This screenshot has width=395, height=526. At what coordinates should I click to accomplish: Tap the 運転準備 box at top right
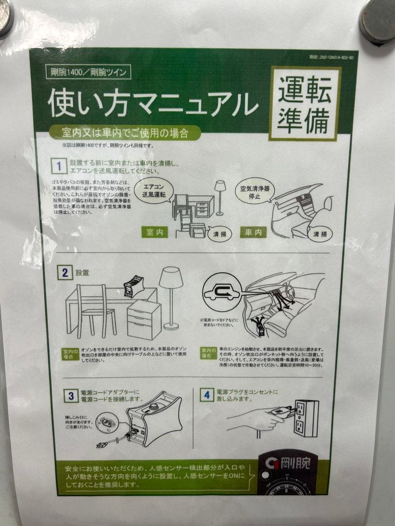tap(305, 104)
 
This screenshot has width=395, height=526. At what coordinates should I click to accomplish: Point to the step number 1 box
tap(59, 166)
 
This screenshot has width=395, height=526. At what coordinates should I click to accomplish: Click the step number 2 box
tap(64, 272)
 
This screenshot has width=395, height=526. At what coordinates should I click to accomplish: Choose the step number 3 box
tap(70, 395)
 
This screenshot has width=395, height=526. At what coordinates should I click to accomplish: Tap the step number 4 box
tap(207, 394)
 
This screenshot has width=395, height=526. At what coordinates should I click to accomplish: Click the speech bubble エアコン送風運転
tap(154, 190)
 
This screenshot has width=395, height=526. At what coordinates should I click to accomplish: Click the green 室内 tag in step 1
tap(154, 232)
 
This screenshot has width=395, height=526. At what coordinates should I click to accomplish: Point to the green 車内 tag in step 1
tap(253, 232)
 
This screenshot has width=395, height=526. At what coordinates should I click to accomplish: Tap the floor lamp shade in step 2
tap(171, 278)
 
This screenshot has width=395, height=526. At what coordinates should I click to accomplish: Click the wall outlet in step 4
tap(306, 418)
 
